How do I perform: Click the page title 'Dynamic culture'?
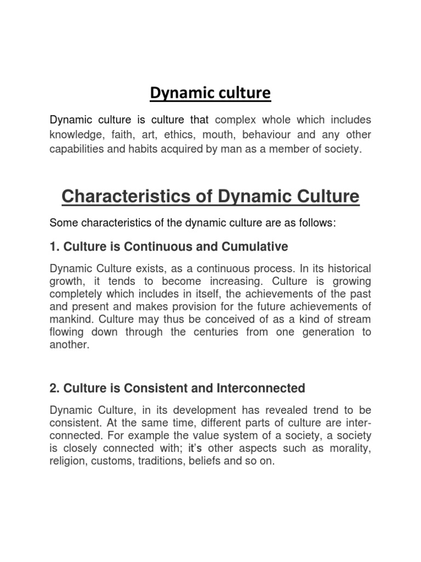point(210,94)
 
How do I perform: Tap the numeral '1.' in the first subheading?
point(55,246)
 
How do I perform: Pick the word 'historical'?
point(349,269)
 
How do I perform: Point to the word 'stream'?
point(354,319)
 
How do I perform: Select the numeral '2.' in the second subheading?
point(55,388)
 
